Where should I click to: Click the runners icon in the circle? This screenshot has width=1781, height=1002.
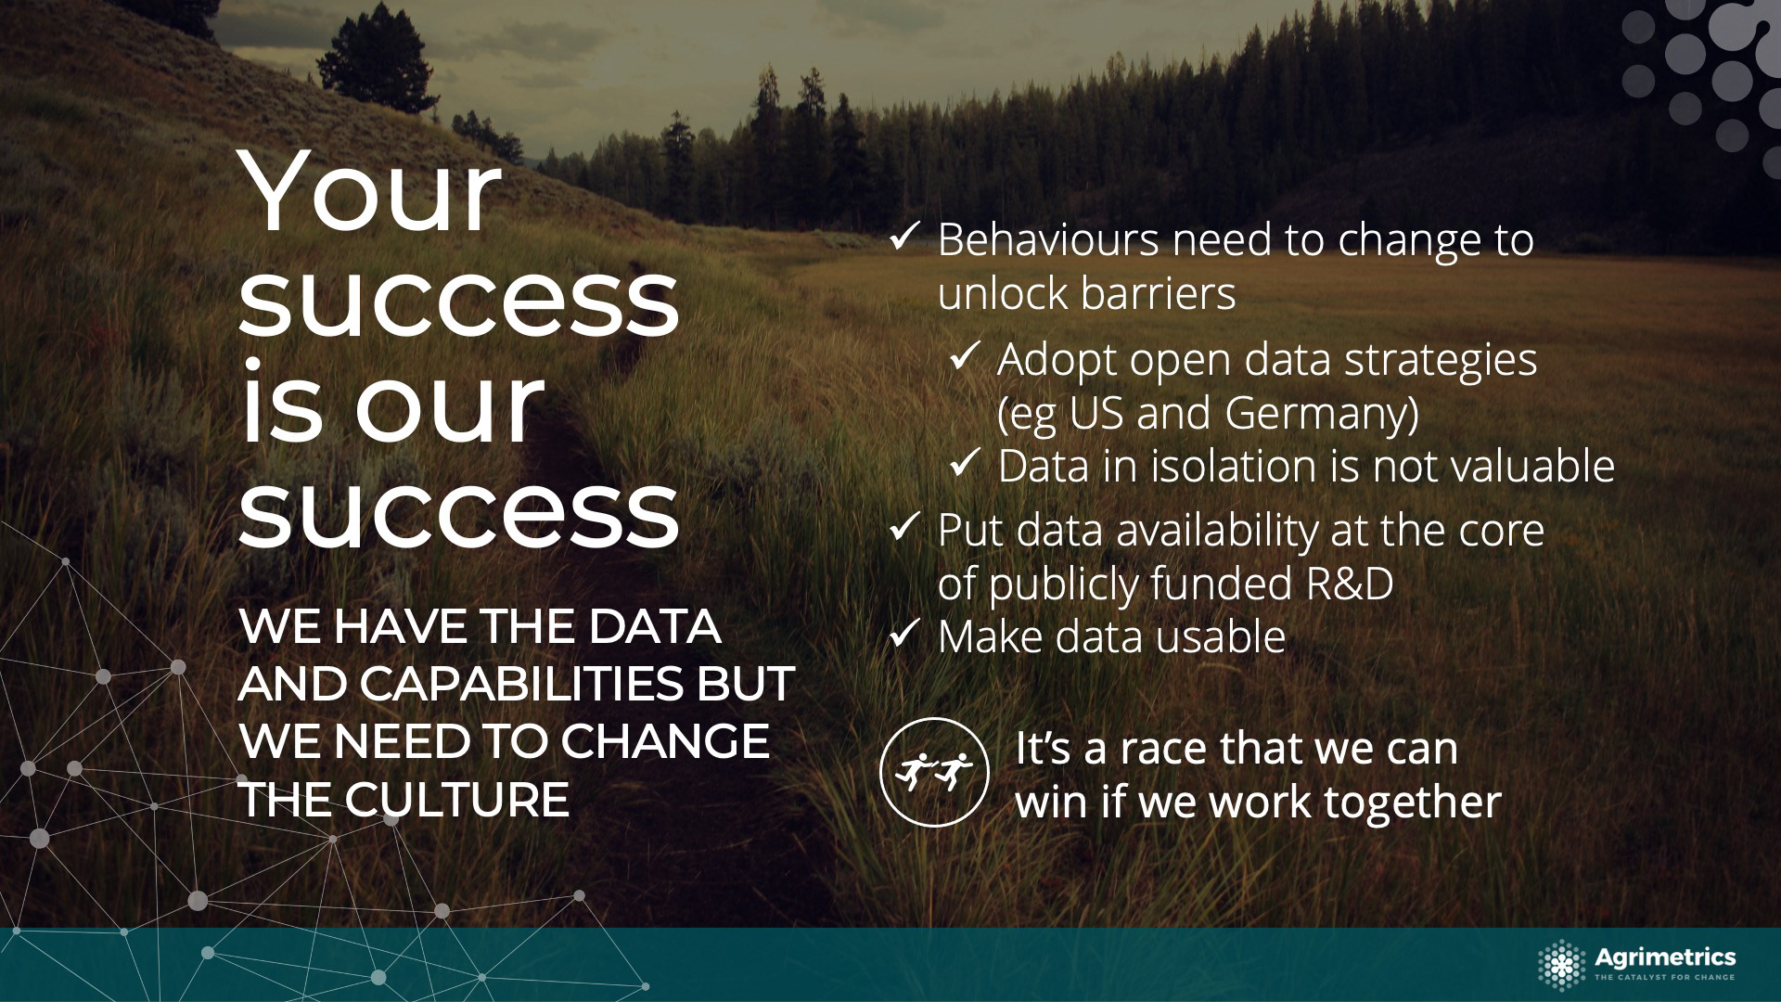click(934, 772)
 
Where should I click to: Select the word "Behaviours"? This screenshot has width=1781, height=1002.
click(1048, 239)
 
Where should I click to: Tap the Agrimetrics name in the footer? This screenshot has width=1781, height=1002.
click(1665, 957)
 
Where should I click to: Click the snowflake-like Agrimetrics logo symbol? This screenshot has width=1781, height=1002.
click(1562, 966)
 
